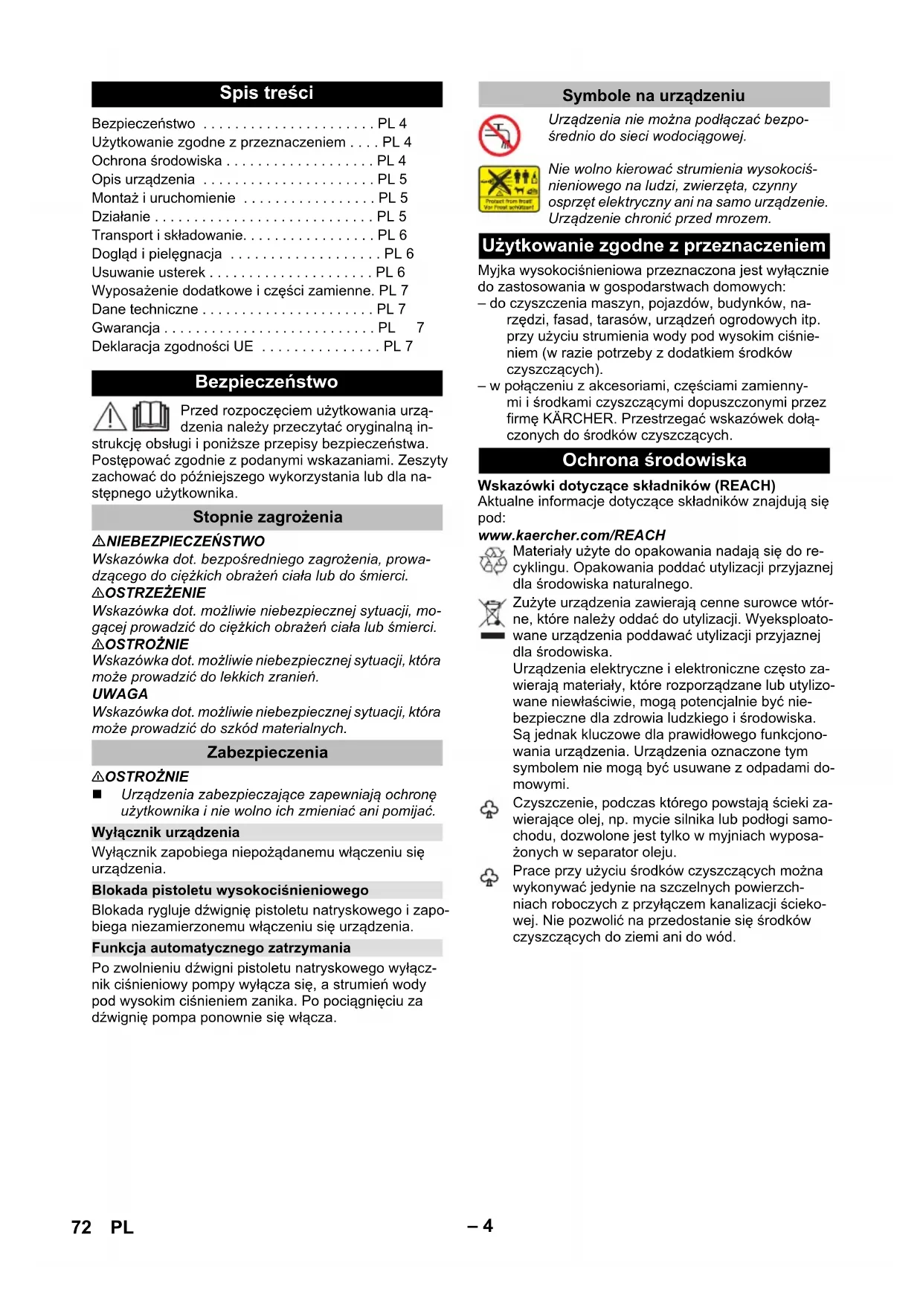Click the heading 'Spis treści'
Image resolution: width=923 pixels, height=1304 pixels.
(266, 94)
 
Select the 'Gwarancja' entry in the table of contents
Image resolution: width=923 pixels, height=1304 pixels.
(126, 328)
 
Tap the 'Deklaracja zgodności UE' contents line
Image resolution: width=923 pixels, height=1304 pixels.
(173, 346)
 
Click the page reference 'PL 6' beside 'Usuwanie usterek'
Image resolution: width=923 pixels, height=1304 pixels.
(390, 272)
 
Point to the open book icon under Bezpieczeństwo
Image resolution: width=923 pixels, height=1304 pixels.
(151, 416)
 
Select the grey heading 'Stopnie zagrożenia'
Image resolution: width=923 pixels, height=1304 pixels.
(267, 517)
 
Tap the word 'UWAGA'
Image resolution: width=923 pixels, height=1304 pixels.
(120, 694)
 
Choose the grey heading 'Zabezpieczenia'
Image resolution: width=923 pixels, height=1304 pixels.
(267, 752)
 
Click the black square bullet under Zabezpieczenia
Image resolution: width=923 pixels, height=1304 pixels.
(97, 795)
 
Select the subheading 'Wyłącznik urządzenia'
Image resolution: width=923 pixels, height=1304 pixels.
(166, 833)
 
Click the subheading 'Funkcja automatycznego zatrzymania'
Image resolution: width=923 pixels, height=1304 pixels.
(221, 948)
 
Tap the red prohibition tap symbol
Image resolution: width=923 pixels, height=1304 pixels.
(499, 135)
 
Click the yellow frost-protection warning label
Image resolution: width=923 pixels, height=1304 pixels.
(509, 190)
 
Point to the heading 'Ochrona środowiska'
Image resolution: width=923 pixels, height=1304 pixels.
(654, 460)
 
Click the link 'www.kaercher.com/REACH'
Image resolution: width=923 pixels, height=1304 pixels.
(571, 535)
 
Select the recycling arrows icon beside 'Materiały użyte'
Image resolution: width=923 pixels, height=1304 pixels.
(492, 561)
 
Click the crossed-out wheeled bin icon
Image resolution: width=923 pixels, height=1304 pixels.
(492, 614)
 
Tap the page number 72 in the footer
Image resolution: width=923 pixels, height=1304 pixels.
(81, 1227)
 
